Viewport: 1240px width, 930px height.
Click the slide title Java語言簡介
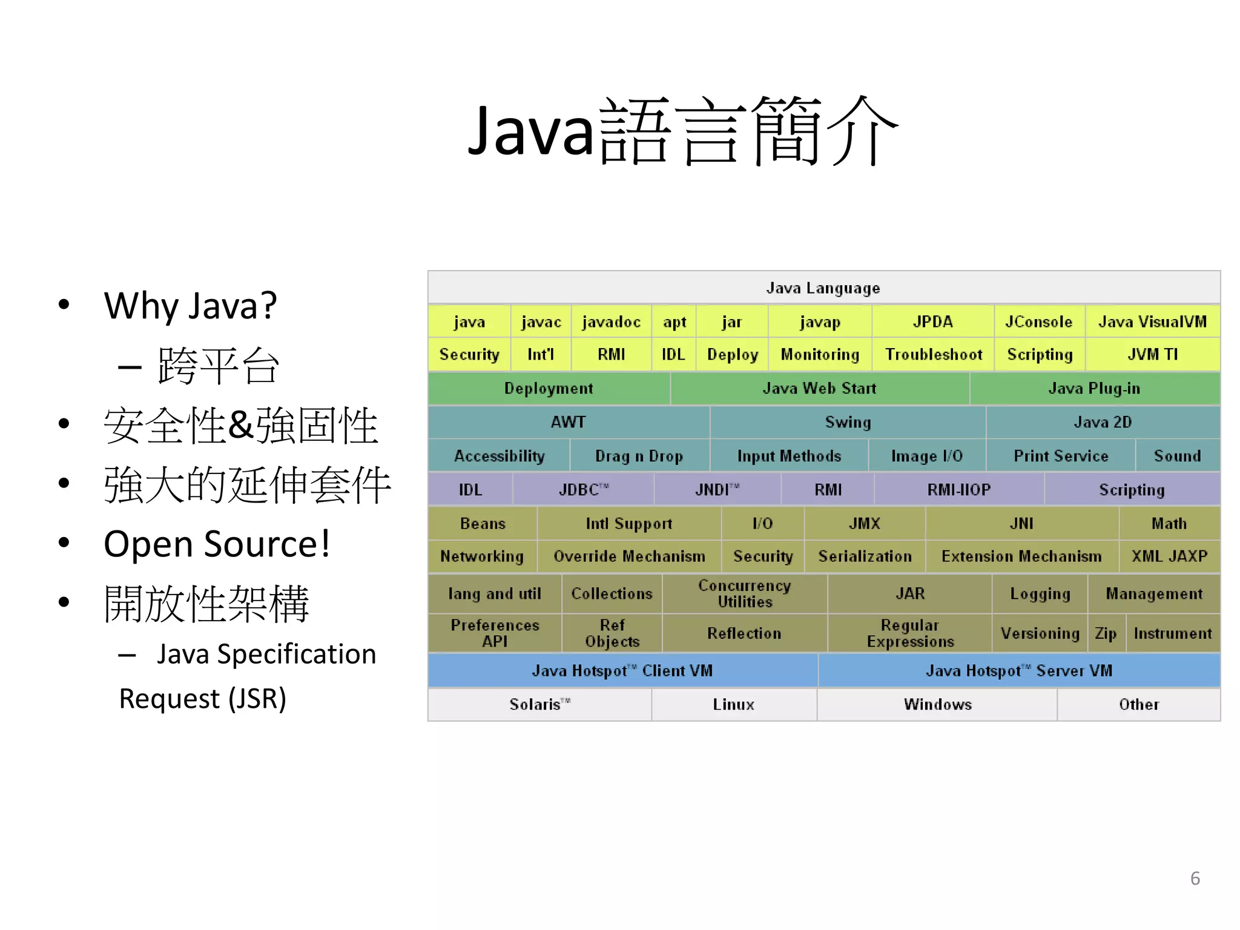[x=682, y=132]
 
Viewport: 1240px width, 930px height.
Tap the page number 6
[x=1195, y=878]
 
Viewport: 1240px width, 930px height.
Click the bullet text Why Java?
[x=190, y=305]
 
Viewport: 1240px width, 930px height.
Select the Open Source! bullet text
[x=217, y=544]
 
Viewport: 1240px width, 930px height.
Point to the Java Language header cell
[x=823, y=288]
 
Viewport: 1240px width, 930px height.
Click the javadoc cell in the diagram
[x=611, y=322]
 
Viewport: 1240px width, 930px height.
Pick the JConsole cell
[x=1038, y=322]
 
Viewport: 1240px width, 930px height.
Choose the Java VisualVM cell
[x=1152, y=322]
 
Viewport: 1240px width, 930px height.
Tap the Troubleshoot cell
[x=933, y=354]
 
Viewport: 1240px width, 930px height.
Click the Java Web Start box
[x=819, y=388]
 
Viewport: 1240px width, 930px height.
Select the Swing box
[x=848, y=422]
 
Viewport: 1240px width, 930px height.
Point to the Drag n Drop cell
[x=639, y=456]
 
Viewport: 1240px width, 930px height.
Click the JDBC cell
[x=583, y=489]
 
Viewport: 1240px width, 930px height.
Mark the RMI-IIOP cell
[x=958, y=489]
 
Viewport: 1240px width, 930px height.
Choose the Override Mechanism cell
[x=629, y=556]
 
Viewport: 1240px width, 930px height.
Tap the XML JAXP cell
[x=1169, y=556]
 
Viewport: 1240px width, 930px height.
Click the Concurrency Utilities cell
[x=744, y=593]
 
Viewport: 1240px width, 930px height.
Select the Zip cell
[x=1106, y=633]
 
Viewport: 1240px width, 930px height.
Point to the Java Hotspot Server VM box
[x=1018, y=670]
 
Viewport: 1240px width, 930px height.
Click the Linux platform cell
[x=733, y=704]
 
